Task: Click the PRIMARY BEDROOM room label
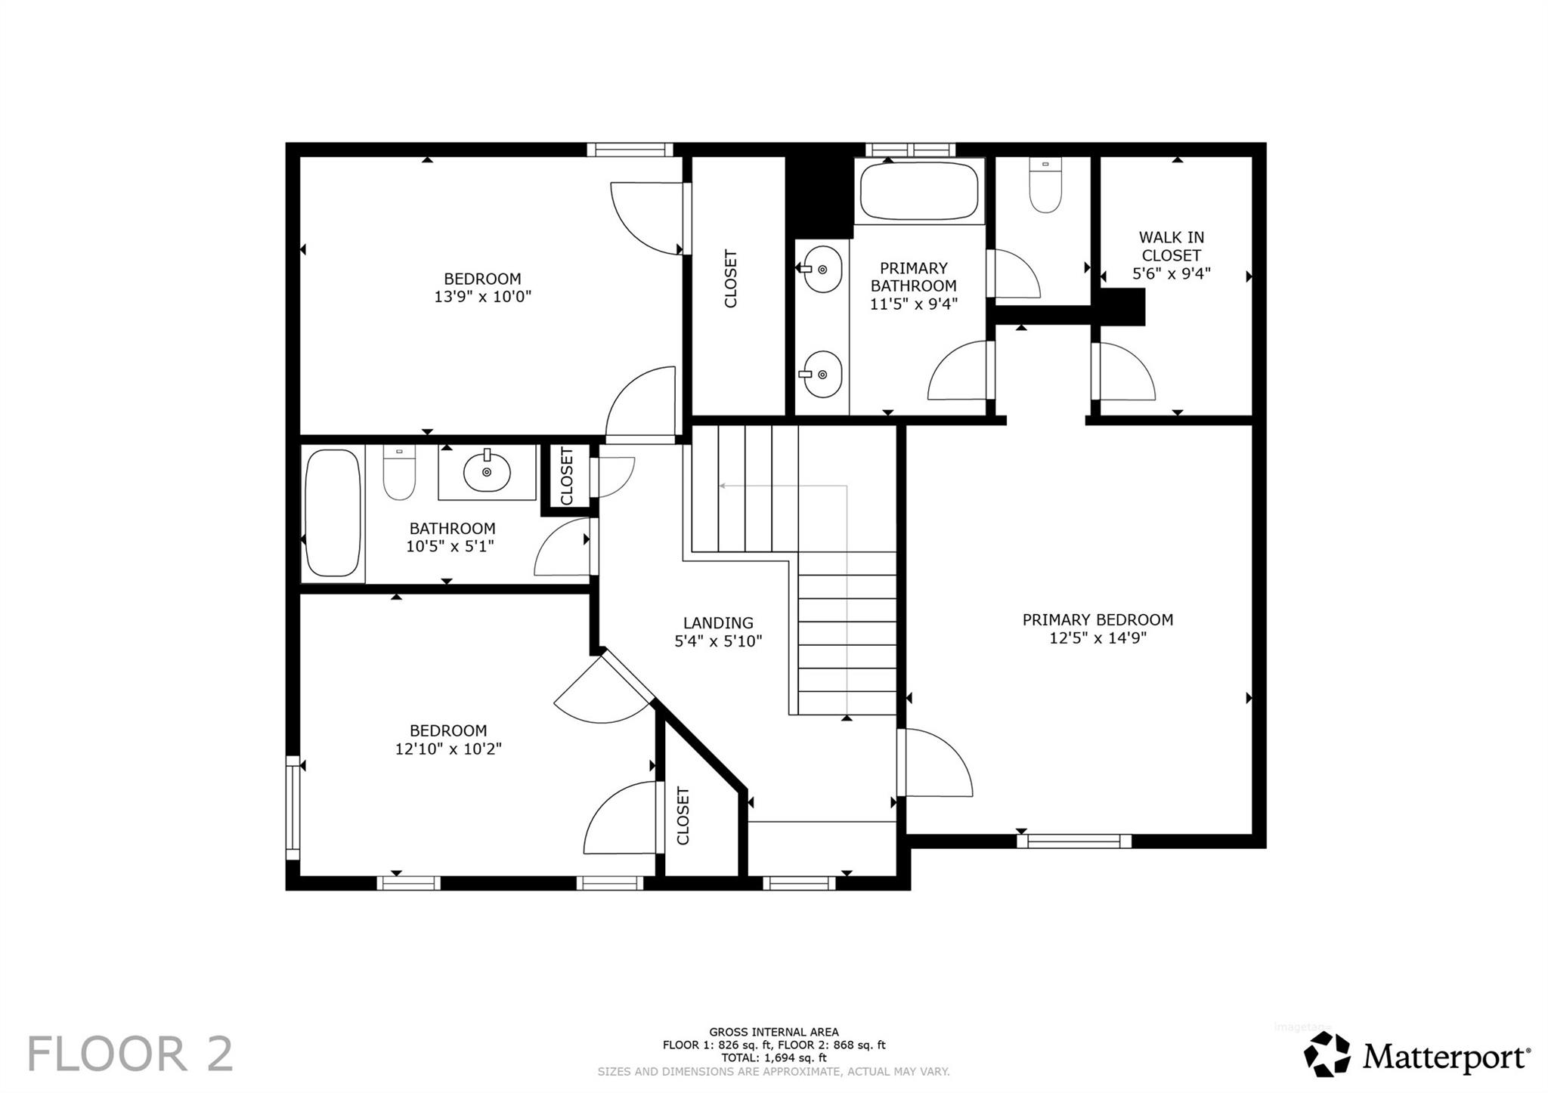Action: [1098, 619]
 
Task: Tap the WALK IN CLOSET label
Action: [1172, 246]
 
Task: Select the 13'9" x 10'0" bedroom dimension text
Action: [482, 297]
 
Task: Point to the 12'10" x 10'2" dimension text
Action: [448, 749]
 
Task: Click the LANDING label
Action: [718, 623]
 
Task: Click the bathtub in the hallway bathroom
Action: [333, 513]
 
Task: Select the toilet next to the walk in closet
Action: [1046, 185]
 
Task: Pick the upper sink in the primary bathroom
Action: [822, 268]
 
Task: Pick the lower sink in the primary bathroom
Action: [822, 373]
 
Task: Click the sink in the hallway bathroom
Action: [487, 472]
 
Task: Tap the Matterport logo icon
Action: [1327, 1054]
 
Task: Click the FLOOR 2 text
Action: [130, 1054]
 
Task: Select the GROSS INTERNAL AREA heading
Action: [773, 1032]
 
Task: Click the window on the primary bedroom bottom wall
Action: [1073, 841]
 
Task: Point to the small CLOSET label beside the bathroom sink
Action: [567, 477]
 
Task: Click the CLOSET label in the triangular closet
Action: [683, 816]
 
